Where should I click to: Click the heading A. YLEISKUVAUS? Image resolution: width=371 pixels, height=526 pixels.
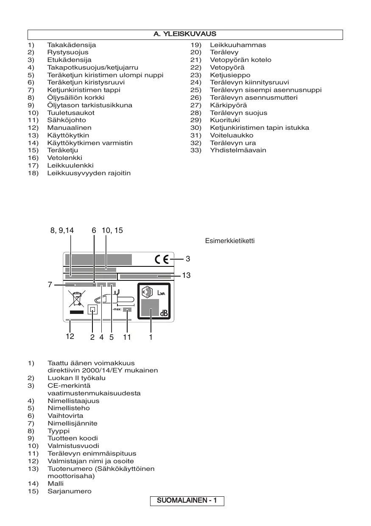tap(185, 34)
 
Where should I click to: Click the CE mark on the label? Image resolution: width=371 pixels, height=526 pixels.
tap(162, 259)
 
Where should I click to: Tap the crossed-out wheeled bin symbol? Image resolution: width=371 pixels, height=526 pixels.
tap(77, 299)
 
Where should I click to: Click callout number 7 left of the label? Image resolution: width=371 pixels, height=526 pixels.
tap(50, 285)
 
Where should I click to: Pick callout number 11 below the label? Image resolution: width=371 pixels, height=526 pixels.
tap(127, 338)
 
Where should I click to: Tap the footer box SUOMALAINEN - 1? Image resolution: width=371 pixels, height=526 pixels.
tap(187, 501)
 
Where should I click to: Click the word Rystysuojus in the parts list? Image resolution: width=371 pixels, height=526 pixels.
tap(68, 52)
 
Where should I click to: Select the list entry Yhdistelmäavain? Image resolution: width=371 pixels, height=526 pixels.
tap(238, 150)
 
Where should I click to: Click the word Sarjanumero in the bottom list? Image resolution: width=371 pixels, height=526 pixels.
tap(70, 491)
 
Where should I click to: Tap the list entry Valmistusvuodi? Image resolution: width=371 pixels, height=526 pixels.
tap(73, 446)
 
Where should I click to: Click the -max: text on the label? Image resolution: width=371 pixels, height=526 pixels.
tap(117, 310)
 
